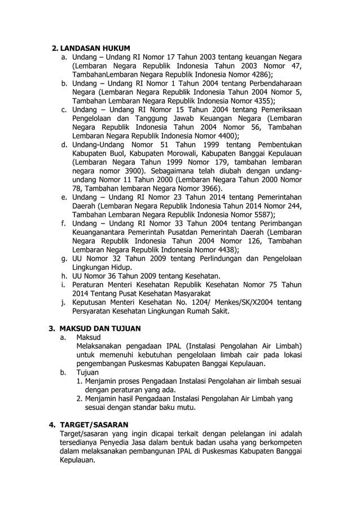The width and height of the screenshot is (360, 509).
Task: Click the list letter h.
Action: pyautogui.click(x=64, y=276)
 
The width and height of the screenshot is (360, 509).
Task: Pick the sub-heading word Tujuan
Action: pyautogui.click(x=87, y=372)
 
